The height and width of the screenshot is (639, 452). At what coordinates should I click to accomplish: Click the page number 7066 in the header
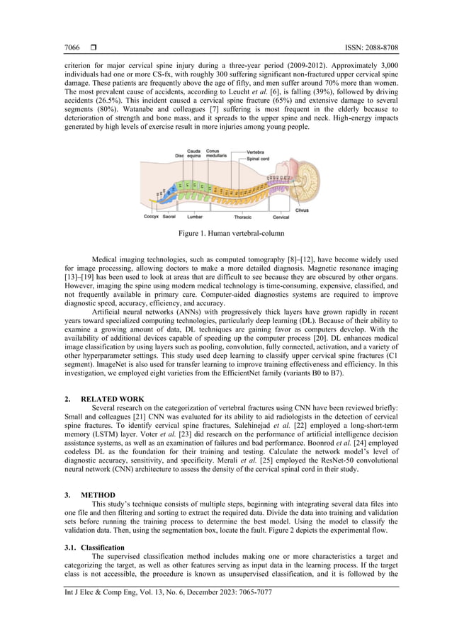[x=72, y=47]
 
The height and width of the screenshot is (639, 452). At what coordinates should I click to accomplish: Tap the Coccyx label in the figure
[x=151, y=217]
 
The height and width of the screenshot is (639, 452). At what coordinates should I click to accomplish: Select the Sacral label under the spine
[x=169, y=217]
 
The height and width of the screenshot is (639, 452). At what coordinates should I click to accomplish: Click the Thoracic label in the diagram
[x=243, y=217]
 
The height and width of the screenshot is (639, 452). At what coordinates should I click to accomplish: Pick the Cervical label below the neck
[x=281, y=217]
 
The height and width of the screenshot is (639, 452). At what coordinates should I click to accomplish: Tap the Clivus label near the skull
[x=303, y=210]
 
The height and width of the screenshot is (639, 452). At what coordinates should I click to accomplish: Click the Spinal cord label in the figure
[x=257, y=158]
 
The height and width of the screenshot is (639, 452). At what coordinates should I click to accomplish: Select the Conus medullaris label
[x=213, y=154]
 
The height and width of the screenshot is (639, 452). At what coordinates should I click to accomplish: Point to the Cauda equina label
[x=193, y=154]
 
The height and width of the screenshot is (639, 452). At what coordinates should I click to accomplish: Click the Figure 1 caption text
[x=225, y=233]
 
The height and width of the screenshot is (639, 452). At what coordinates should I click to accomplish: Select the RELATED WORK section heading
[x=113, y=399]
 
